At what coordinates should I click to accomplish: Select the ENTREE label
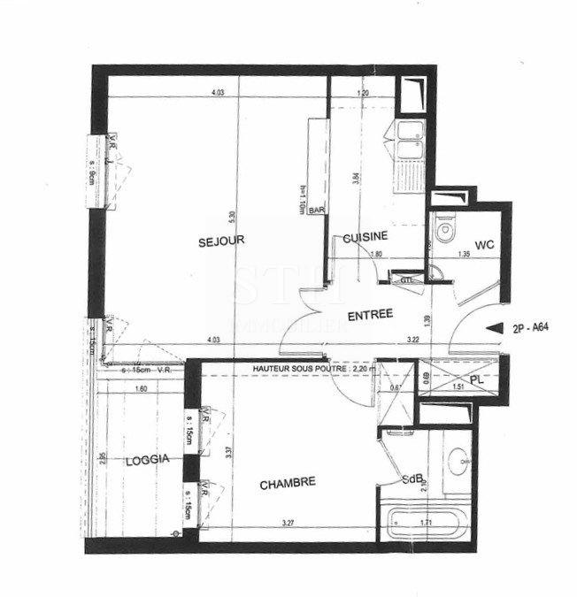371,316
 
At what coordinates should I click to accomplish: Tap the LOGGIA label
147,459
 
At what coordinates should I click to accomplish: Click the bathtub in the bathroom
423,523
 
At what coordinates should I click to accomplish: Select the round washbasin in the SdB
460,461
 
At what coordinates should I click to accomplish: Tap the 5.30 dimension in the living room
232,215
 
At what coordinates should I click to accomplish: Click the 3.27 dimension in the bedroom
288,524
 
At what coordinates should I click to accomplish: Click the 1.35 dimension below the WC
463,255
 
